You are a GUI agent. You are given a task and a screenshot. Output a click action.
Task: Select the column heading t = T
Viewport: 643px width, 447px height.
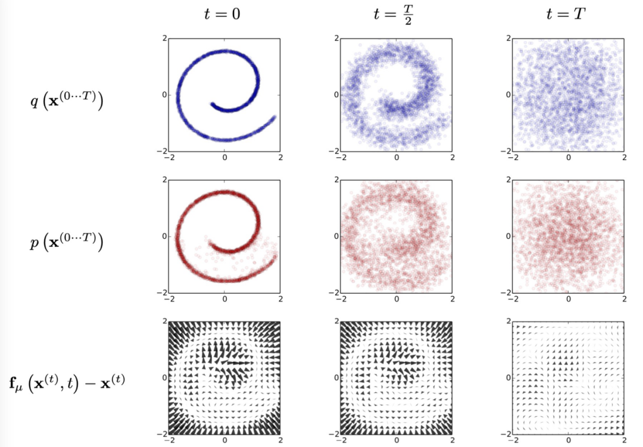pos(567,15)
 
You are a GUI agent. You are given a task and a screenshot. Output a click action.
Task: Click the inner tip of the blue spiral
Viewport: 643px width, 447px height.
pos(212,105)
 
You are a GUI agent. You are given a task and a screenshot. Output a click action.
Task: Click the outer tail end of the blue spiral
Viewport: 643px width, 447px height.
pos(275,117)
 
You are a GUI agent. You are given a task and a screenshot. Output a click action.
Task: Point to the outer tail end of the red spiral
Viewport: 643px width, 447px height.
pos(275,256)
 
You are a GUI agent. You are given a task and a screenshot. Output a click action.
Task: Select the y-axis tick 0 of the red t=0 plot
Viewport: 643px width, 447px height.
pos(165,236)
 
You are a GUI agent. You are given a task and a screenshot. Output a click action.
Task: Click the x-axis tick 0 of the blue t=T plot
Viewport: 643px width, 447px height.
pos(569,157)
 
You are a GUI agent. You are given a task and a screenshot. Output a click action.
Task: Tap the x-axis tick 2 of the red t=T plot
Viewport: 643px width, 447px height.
pos(624,299)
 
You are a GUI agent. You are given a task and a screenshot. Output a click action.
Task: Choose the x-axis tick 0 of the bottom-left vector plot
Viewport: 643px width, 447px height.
pos(225,440)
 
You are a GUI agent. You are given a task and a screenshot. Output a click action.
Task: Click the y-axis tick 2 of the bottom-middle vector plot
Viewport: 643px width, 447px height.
pos(336,321)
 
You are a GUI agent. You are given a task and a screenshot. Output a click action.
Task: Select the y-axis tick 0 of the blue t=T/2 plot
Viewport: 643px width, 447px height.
pos(336,95)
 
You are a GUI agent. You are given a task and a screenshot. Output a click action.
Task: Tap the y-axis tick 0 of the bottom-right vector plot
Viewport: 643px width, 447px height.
pos(508,377)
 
